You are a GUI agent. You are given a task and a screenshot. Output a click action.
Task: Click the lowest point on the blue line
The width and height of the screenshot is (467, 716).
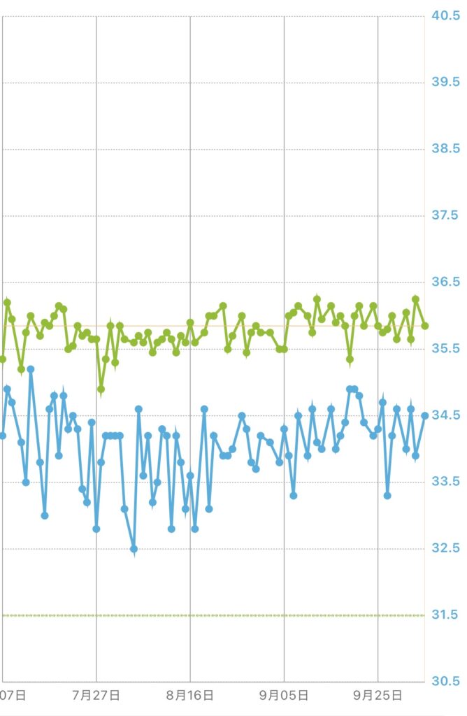pyautogui.click(x=134, y=549)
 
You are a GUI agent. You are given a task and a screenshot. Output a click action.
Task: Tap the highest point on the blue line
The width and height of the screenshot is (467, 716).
pyautogui.click(x=31, y=369)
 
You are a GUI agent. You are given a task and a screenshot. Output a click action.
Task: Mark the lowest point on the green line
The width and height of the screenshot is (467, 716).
pyautogui.click(x=101, y=389)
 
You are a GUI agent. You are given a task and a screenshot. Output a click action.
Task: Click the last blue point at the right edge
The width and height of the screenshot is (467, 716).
pyautogui.click(x=424, y=415)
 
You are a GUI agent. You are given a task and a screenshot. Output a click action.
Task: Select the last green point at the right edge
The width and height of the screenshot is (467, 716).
pyautogui.click(x=425, y=326)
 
